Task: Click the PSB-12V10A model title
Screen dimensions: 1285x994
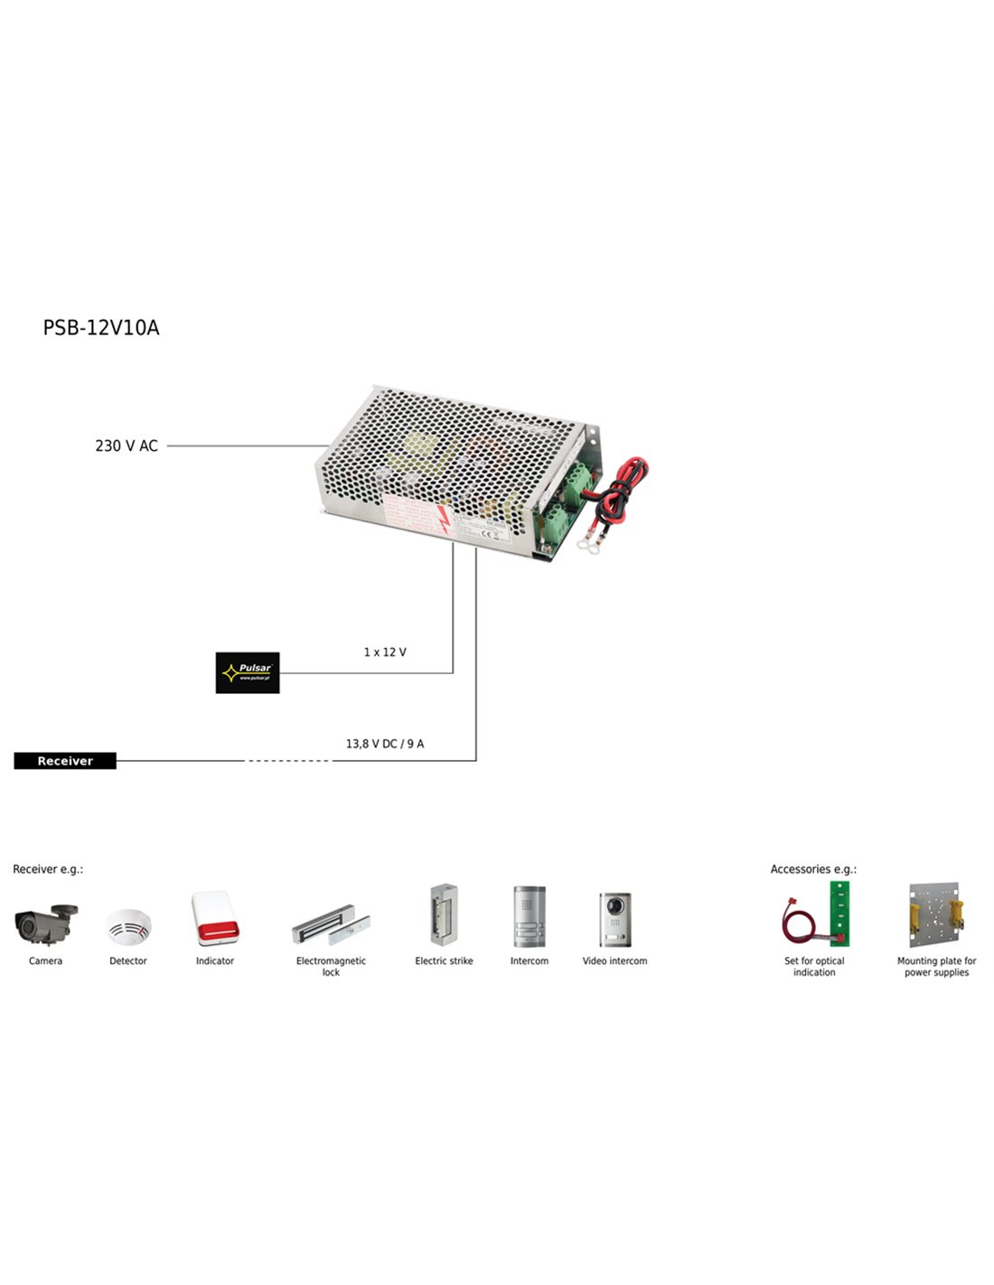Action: point(101,328)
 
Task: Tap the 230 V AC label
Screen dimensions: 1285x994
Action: point(127,446)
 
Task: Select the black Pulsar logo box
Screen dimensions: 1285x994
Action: point(248,672)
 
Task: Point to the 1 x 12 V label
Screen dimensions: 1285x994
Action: point(385,652)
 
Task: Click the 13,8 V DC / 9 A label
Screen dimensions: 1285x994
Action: point(385,744)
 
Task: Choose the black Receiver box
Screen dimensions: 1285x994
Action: point(65,761)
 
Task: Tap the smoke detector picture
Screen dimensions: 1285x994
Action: point(128,927)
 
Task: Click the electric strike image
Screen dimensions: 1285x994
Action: point(443,915)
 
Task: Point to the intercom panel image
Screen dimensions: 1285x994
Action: point(530,916)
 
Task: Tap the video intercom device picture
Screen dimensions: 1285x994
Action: point(614,918)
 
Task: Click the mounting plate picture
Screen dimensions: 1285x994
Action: point(936,915)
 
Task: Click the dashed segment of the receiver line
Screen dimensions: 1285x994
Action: point(289,761)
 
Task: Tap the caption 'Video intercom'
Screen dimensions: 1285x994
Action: point(614,961)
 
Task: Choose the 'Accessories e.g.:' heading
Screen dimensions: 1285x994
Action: point(813,869)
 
